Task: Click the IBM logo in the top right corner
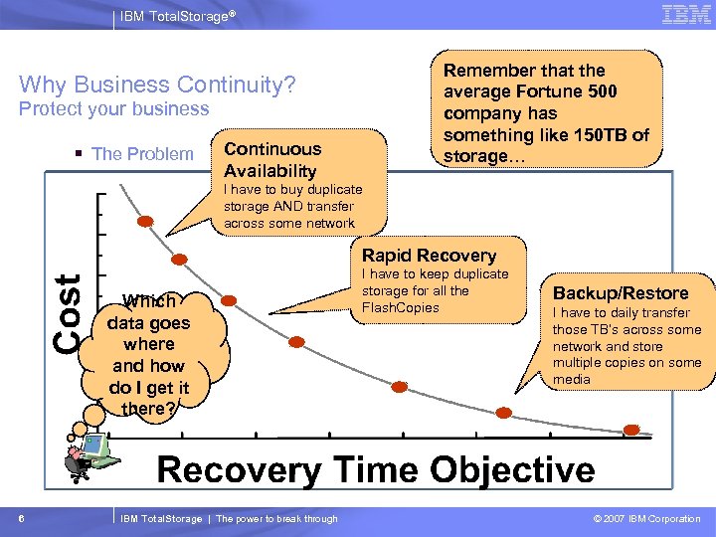[x=685, y=14]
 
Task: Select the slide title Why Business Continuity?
[x=157, y=85]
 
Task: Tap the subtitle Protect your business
[x=114, y=108]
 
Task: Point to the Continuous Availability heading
[x=272, y=159]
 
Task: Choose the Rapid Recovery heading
[x=429, y=256]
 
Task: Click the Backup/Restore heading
[x=621, y=293]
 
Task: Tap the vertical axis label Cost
[x=68, y=310]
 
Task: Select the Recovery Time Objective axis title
[x=376, y=469]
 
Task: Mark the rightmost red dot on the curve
[x=631, y=430]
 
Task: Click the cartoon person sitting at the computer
[x=88, y=447]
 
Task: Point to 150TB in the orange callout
[x=602, y=135]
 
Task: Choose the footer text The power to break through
[x=276, y=518]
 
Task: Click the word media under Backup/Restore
[x=572, y=379]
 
